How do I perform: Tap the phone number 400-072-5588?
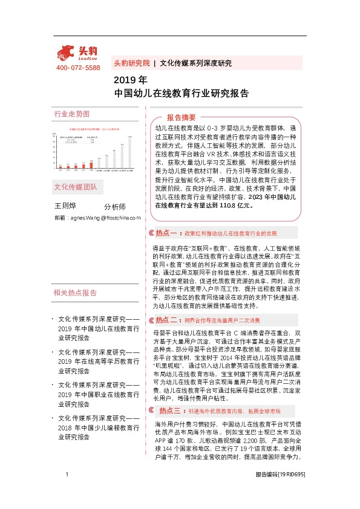coord(77,68)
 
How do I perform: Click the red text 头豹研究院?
coord(131,63)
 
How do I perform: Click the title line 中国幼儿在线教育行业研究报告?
coord(182,94)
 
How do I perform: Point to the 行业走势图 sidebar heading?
coord(71,114)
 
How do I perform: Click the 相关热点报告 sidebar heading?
coord(75,293)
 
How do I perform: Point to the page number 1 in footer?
coord(65,491)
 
